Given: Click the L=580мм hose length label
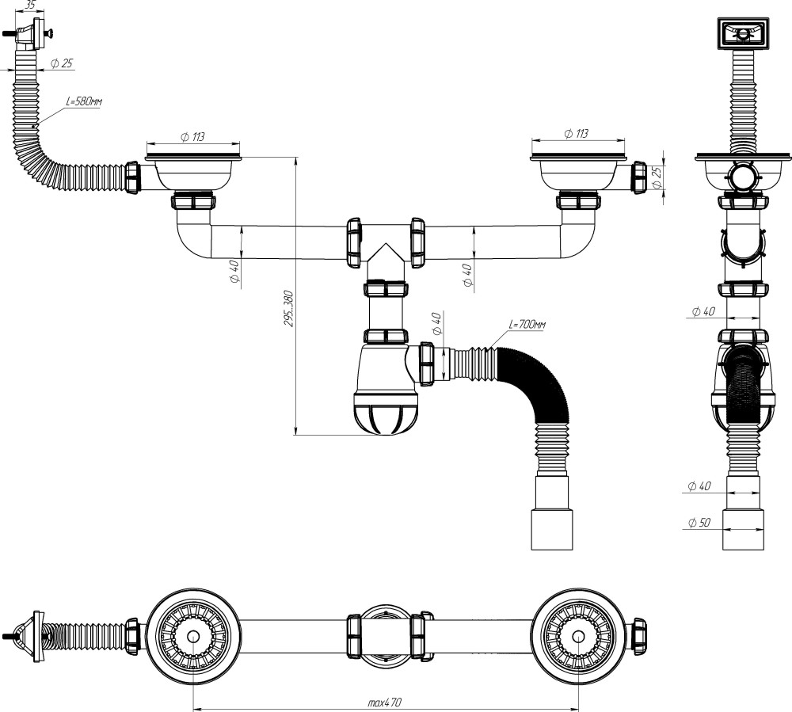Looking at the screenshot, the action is tap(84, 101).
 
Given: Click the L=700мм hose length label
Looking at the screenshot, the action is tap(527, 324).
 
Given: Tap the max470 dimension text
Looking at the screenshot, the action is tap(385, 702).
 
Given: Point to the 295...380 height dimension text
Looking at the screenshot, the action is tap(288, 308).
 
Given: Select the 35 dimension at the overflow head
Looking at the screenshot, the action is tap(30, 6).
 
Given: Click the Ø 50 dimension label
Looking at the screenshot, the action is tap(699, 522).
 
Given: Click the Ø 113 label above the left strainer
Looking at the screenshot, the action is tap(192, 136).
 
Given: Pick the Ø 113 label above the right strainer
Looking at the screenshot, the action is tap(577, 133).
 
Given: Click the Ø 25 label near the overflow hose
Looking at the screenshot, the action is tap(62, 63).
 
